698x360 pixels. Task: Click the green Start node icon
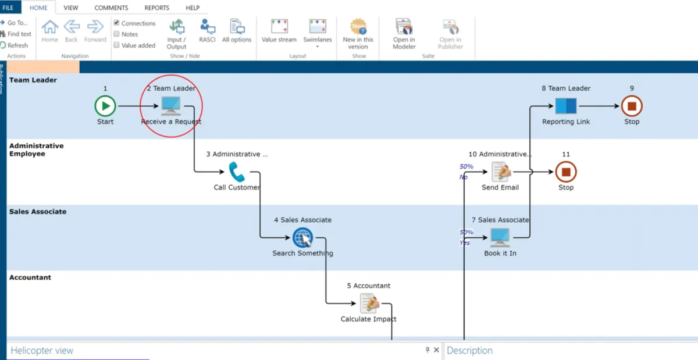pos(105,106)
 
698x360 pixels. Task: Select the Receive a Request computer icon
pos(171,106)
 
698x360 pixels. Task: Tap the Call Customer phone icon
pos(236,172)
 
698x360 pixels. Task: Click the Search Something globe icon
pos(302,237)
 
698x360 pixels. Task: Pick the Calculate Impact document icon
pos(369,303)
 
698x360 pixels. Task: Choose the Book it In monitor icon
pos(500,237)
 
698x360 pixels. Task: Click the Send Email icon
pos(500,172)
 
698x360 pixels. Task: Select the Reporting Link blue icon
pos(565,106)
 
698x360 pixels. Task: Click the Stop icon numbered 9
pos(632,106)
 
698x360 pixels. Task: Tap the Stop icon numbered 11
pos(565,172)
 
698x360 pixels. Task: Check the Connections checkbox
pos(117,23)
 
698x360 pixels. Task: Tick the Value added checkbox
pos(117,45)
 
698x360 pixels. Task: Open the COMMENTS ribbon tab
pos(111,8)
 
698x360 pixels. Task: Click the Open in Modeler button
pos(404,34)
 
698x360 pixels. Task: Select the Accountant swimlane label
pos(30,277)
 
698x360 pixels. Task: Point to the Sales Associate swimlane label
pos(38,212)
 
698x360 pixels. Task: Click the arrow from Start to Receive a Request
pos(137,106)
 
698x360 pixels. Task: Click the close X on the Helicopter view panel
pos(436,350)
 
